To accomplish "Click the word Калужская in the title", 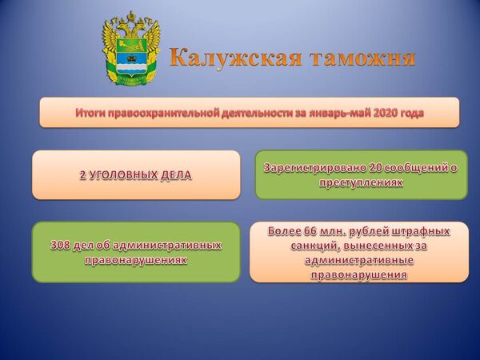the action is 235,58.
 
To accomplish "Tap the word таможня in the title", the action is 363,58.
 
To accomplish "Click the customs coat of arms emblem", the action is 131,48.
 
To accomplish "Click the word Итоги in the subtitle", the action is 90,113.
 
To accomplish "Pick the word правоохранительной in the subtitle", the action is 163,114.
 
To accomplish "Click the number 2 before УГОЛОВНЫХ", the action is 82,175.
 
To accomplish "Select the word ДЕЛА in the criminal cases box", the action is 176,175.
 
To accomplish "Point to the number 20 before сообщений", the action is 375,168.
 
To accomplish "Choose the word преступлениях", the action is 361,182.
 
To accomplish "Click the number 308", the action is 60,246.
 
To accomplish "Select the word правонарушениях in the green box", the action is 136,260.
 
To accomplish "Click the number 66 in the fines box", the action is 310,231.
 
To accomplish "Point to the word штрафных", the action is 419,231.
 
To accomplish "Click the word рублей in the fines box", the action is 367,231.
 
